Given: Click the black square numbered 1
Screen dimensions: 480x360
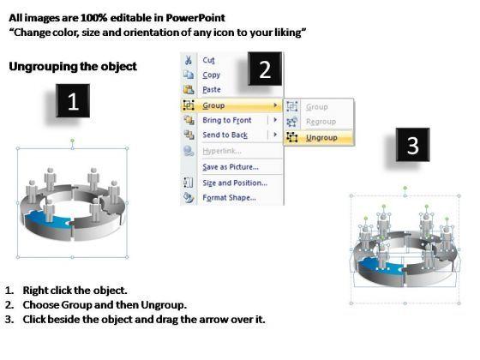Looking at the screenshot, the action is click(x=73, y=100).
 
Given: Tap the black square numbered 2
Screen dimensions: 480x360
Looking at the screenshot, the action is click(x=265, y=69).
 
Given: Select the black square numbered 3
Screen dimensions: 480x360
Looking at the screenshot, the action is click(x=412, y=145).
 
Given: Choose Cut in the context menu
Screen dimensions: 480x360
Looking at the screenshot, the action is click(x=208, y=60).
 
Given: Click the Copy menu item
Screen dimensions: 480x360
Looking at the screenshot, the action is click(x=211, y=75).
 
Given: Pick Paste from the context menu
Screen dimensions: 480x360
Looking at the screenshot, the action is click(x=212, y=90).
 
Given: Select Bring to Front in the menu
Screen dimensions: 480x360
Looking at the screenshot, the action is click(x=227, y=120).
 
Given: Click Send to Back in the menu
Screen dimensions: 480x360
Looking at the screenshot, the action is click(x=225, y=135).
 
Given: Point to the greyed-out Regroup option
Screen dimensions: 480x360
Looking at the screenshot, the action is click(x=321, y=122).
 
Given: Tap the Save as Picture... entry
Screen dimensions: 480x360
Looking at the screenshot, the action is click(x=231, y=167).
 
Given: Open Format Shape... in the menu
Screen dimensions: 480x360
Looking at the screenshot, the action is click(x=230, y=198).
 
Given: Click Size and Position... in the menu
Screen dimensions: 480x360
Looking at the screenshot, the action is click(x=235, y=183).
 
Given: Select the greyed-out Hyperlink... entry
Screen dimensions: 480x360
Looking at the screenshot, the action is click(x=222, y=151).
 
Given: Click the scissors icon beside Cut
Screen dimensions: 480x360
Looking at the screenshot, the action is click(x=189, y=60).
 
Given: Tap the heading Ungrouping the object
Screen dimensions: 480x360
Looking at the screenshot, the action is click(x=73, y=67).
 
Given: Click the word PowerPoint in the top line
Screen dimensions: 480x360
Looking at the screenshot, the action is click(x=195, y=18).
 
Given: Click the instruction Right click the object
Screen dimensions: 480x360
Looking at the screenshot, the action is click(x=75, y=291).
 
